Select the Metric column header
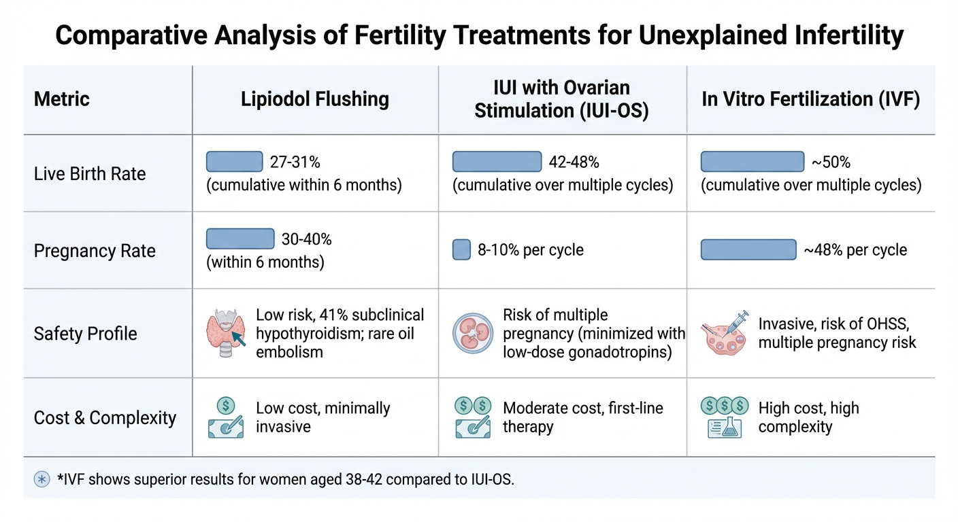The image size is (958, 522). [x=62, y=99]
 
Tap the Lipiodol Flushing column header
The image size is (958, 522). [x=315, y=99]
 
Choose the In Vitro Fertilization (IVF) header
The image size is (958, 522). [x=811, y=99]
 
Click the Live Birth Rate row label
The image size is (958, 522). [x=90, y=174]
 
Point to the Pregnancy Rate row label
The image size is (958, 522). [x=95, y=251]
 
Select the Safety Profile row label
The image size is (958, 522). [x=86, y=334]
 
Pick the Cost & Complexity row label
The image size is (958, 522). [x=105, y=417]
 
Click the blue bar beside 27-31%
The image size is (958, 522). [x=234, y=162]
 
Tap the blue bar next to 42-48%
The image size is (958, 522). [x=497, y=162]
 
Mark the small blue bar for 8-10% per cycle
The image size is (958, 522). [x=461, y=250]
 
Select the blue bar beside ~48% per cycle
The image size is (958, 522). [x=748, y=250]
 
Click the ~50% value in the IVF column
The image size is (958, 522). [x=831, y=162]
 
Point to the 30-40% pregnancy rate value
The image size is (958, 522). [x=307, y=239]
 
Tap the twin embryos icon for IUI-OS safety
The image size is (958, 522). [x=472, y=333]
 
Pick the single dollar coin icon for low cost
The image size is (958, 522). [x=226, y=406]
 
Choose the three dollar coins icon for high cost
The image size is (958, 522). [x=724, y=406]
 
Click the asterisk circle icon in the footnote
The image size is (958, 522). [x=42, y=479]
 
